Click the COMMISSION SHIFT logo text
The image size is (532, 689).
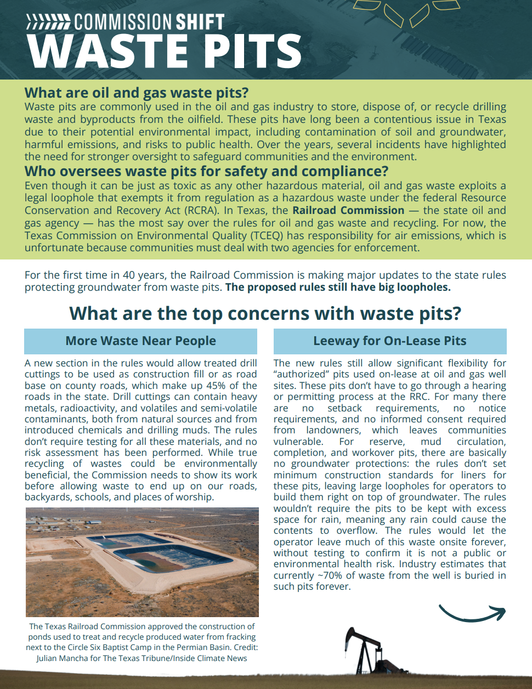tap(149, 22)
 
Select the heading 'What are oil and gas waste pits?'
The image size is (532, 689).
tap(137, 93)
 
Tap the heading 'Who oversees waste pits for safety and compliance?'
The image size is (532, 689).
tap(206, 172)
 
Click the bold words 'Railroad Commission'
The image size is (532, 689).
tap(348, 211)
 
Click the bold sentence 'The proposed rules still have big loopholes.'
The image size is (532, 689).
tap(338, 287)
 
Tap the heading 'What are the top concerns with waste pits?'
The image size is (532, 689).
tap(265, 314)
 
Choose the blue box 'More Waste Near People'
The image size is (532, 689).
tap(140, 341)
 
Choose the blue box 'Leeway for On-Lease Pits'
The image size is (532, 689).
tap(390, 341)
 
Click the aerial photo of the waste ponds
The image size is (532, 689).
tap(142, 562)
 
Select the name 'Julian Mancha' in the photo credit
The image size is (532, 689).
tap(61, 658)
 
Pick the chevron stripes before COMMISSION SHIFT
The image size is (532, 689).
tap(48, 22)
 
